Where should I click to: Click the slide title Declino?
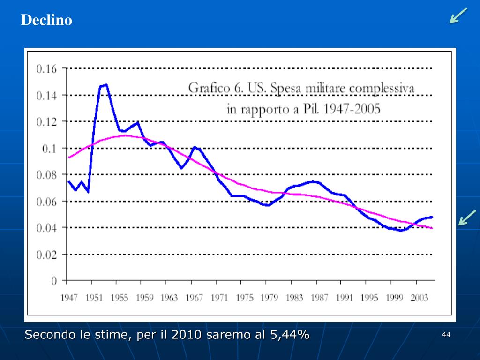coord(46,20)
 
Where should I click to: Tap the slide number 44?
coord(446,335)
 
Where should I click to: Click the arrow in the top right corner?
coord(458,15)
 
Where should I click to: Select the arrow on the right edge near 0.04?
coord(467,217)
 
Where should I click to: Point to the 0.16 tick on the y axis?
coord(46,69)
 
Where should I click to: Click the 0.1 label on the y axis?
coord(50,149)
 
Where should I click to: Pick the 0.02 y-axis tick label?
coord(46,255)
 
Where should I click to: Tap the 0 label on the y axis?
coord(54,281)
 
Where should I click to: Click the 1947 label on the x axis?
coord(69,298)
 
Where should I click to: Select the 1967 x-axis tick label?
coord(194,298)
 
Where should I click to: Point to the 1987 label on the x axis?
coord(319,298)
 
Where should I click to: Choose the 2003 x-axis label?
coord(419,298)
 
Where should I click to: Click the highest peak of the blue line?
coord(106,85)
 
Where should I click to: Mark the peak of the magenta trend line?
coord(125,135)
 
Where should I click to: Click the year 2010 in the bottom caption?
coord(187,335)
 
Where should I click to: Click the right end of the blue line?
coord(432,217)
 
